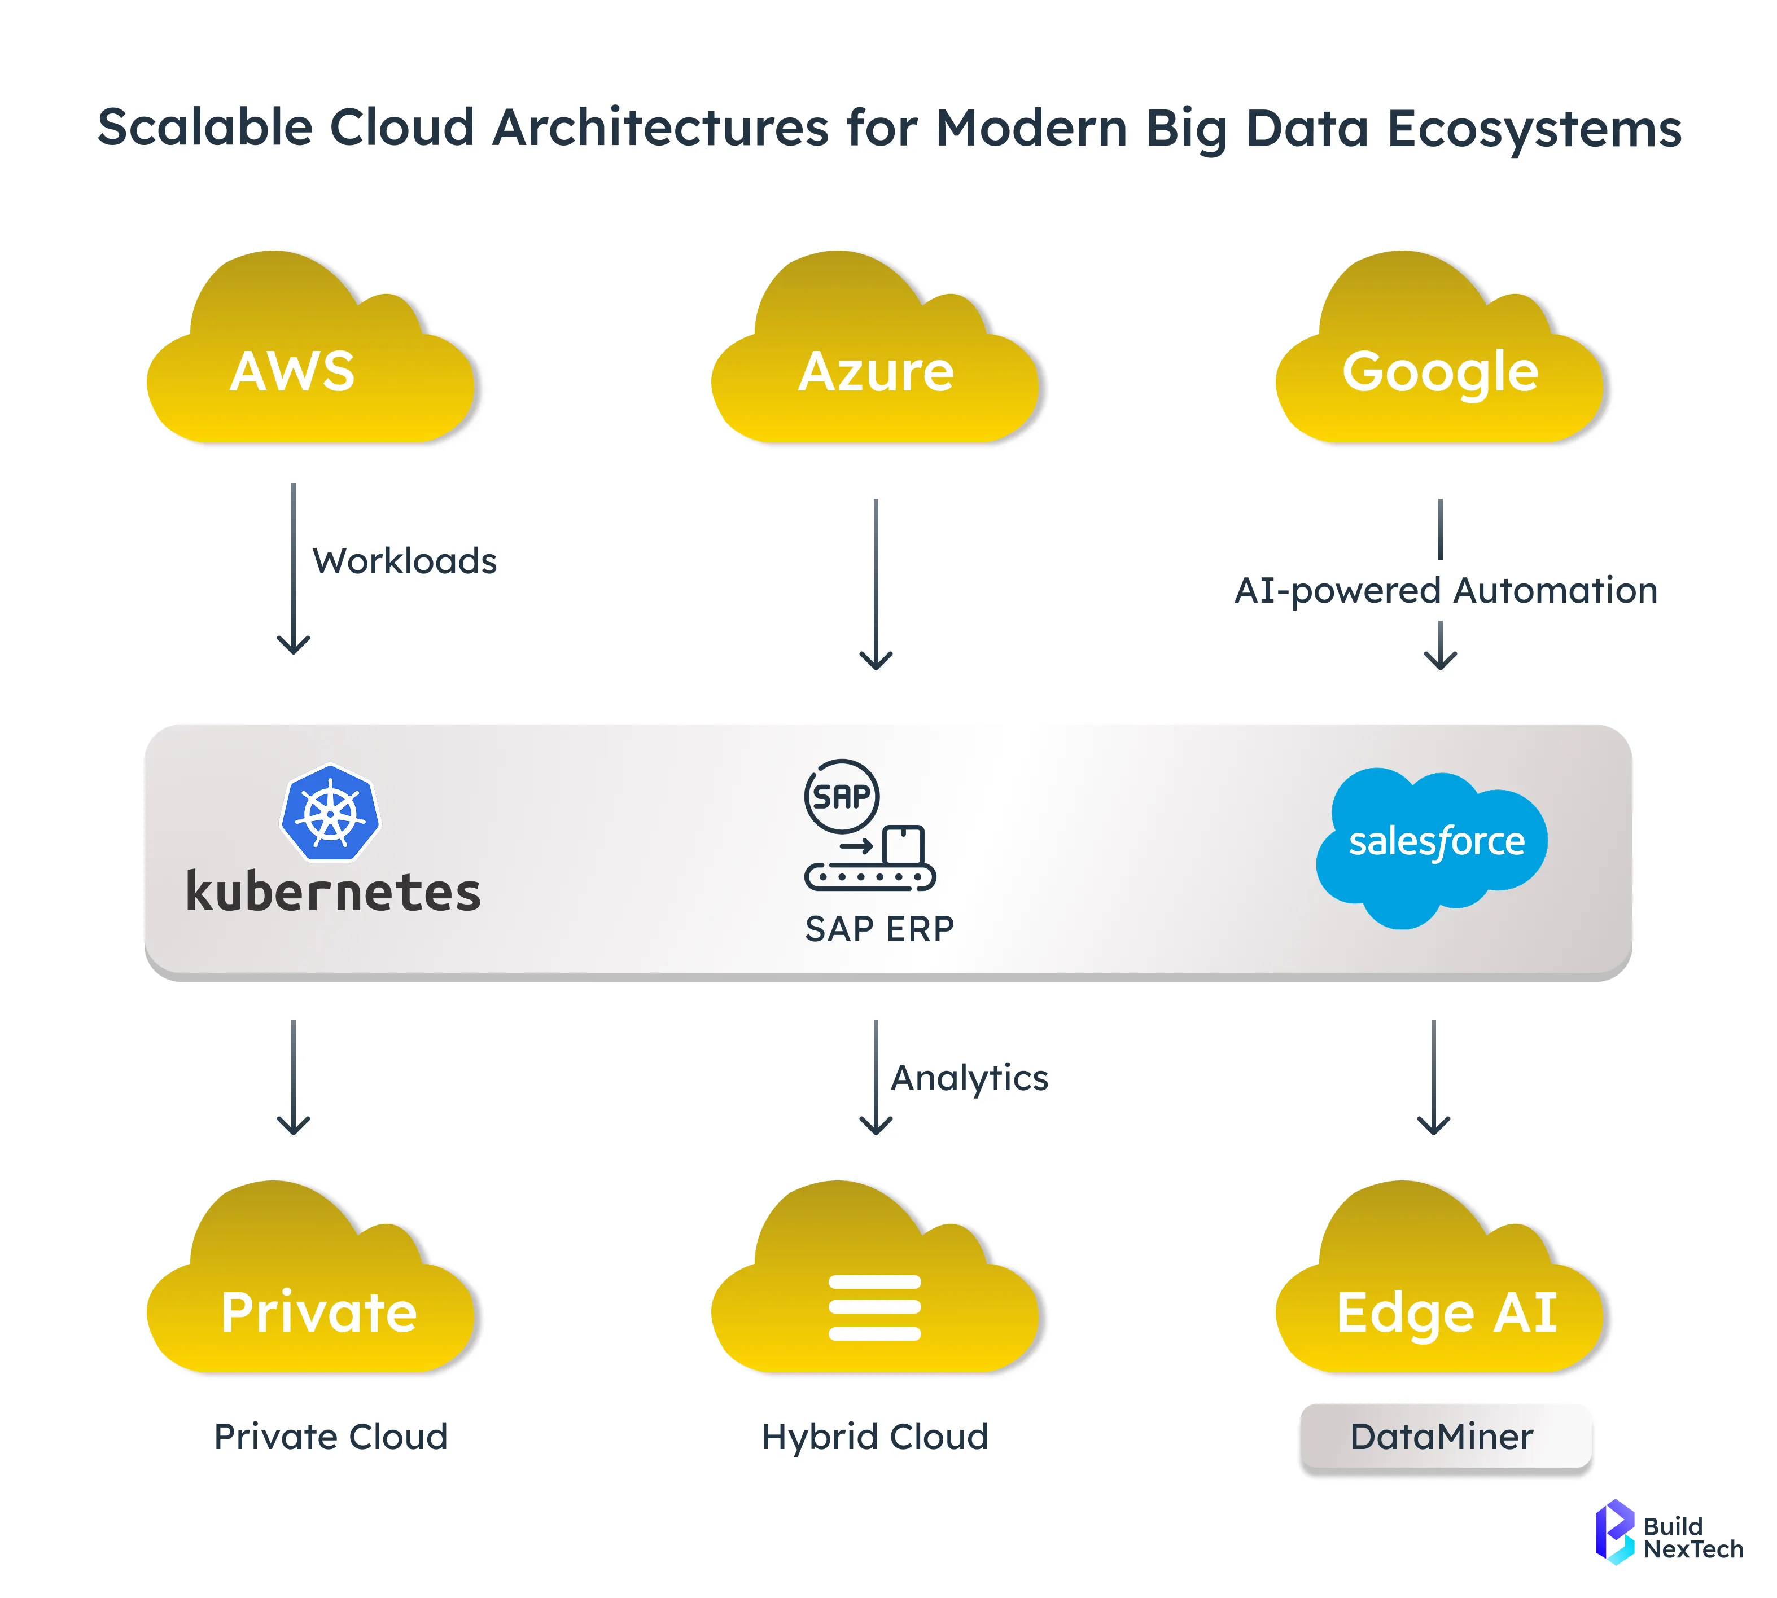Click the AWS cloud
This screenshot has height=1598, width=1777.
309,369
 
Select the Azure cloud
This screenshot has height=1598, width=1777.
875,369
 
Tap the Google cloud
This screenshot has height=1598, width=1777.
1439,369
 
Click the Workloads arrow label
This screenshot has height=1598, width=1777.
405,561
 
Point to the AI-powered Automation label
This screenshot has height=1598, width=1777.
1445,590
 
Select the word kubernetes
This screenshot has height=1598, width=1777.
333,892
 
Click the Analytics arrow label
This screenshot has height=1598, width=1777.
969,1078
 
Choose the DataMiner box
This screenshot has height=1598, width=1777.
1445,1437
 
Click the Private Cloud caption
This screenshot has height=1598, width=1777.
330,1437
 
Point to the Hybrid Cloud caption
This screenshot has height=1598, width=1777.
875,1437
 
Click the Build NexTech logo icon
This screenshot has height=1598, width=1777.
1614,1532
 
